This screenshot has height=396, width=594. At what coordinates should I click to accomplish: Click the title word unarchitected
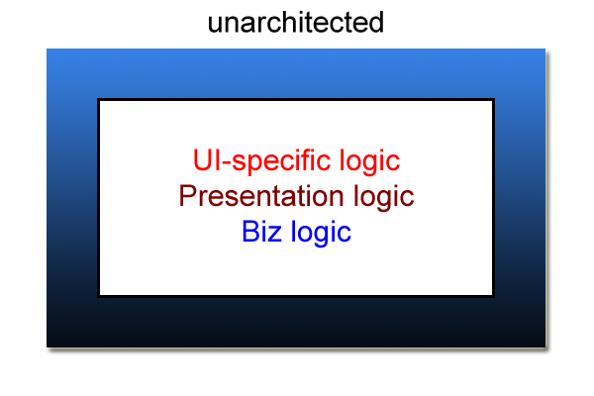tap(296, 23)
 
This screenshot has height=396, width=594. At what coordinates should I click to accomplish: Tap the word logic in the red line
tap(369, 161)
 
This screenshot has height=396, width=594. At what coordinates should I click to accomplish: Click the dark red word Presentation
tap(261, 196)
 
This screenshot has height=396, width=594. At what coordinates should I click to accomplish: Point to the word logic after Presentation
tap(383, 197)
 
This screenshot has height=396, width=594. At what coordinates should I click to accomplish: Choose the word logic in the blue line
tap(321, 233)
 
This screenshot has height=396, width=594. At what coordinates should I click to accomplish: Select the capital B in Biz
tap(250, 231)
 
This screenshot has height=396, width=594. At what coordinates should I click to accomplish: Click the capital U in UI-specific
tap(202, 159)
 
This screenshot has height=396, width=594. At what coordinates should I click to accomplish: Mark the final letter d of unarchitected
tap(376, 23)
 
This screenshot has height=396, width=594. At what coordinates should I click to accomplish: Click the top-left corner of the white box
tap(98, 100)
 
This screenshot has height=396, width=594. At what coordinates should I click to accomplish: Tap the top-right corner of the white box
tap(494, 100)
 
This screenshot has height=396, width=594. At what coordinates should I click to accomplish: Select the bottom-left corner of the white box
tap(98, 296)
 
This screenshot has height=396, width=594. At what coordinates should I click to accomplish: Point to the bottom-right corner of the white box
tap(494, 296)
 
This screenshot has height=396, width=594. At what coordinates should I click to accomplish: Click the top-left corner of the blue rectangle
tap(47, 49)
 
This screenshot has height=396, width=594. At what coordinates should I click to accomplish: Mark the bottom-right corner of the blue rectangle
tap(545, 347)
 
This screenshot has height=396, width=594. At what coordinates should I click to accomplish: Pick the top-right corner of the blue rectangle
tap(545, 49)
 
